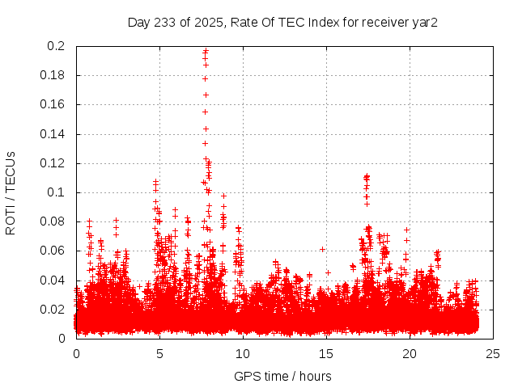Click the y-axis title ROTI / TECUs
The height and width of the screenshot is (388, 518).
pyautogui.click(x=11, y=192)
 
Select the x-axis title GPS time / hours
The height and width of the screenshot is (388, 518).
pyautogui.click(x=282, y=376)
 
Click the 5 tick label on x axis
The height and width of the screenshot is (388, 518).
pyautogui.click(x=159, y=353)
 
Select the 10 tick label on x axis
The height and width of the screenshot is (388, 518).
pyautogui.click(x=243, y=353)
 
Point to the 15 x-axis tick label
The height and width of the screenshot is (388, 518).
pyautogui.click(x=326, y=353)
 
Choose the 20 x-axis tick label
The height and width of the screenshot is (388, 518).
pyautogui.click(x=410, y=353)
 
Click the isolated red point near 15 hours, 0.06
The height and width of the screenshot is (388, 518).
pyautogui.click(x=322, y=249)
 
